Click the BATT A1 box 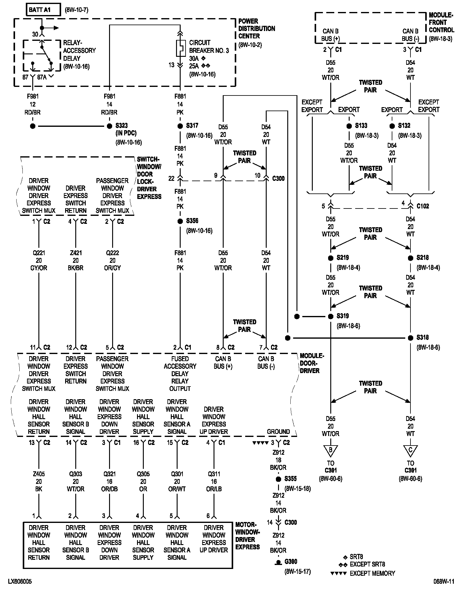click(43, 10)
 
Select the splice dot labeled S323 click(109, 126)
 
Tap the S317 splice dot click(180, 126)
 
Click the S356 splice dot click(180, 221)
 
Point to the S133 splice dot click(349, 126)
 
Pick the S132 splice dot click(392, 126)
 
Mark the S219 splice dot click(331, 258)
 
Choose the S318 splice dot click(410, 338)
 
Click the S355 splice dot click(278, 479)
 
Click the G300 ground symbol click(278, 563)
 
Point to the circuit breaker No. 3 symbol click(180, 48)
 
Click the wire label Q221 click(39, 253)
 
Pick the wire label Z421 click(76, 253)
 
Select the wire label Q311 click(214, 474)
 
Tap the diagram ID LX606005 click(20, 582)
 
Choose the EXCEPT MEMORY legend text click(372, 573)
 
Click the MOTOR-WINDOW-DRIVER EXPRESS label click(248, 536)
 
